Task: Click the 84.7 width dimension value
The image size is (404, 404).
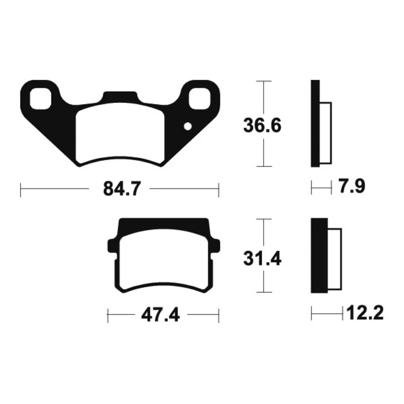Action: coord(122,189)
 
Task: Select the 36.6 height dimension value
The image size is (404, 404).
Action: coord(262,125)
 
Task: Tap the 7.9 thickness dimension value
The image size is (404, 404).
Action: coord(351,186)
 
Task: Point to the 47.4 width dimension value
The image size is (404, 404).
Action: coord(160,315)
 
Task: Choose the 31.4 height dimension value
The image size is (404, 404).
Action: coord(262,259)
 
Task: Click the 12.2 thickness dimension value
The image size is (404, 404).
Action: coord(365,313)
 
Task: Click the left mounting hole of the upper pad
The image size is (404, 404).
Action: coord(40,98)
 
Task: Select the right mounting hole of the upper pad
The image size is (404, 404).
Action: coord(199,98)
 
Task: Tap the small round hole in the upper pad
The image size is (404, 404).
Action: coord(188,127)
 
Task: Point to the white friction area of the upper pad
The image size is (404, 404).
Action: coord(120,133)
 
